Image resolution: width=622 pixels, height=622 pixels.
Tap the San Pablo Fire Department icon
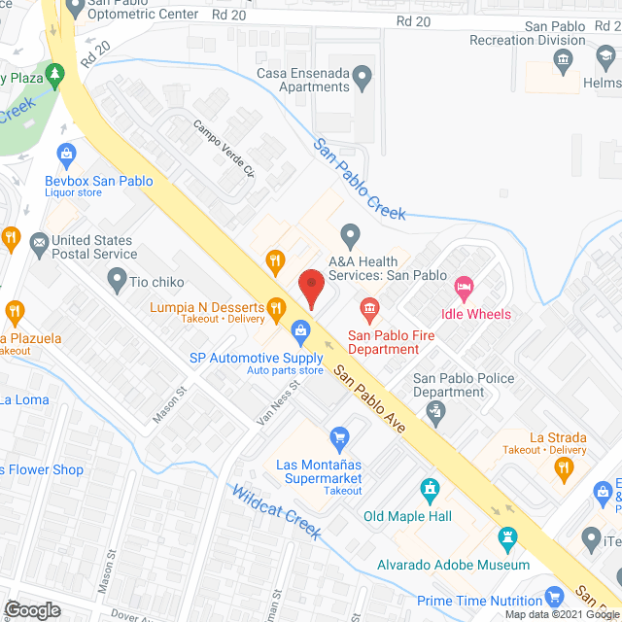[369, 311]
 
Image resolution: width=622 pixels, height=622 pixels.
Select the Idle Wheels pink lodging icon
[465, 286]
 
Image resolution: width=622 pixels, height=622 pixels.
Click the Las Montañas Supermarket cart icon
[339, 437]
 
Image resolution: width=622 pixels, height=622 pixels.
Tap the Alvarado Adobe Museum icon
[507, 538]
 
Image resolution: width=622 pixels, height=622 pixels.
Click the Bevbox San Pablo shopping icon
[66, 154]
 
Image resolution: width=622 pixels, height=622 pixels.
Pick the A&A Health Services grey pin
[350, 233]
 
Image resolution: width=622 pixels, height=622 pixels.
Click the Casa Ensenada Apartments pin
[363, 74]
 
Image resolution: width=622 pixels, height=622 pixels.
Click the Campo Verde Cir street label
[224, 148]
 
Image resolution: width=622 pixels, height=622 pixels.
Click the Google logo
[31, 609]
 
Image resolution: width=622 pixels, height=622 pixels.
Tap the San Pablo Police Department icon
[437, 413]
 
